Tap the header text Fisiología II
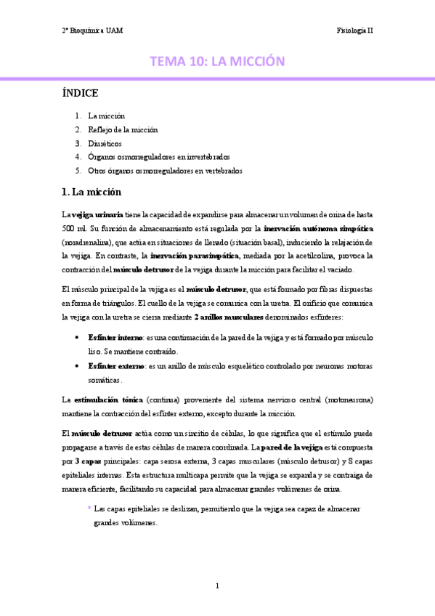pos(355,31)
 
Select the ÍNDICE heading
pos(81,94)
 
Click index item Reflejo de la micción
pos(123,129)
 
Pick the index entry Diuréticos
pos(105,143)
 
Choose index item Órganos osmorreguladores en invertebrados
pos(158,156)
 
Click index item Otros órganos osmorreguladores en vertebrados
pos(165,170)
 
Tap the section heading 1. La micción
pos(92,192)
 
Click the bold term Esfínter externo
pos(115,366)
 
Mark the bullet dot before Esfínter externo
pos(78,366)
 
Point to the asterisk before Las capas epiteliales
pos(89,508)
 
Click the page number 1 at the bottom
pos(217,585)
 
